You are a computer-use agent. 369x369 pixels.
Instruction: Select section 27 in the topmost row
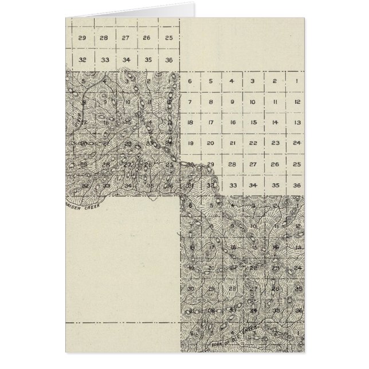(125, 38)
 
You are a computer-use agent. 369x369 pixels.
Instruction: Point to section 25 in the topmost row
(168, 38)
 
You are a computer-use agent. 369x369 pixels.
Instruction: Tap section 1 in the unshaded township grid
(296, 81)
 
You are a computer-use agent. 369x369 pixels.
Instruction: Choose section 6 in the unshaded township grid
(190, 81)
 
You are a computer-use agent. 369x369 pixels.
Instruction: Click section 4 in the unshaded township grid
(231, 81)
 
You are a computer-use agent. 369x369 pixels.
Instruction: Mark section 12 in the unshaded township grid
(296, 101)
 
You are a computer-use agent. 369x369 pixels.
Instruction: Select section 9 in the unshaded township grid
(231, 101)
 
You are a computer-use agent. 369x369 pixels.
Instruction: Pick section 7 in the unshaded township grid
(190, 101)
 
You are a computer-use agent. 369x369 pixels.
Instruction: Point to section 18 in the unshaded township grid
(190, 122)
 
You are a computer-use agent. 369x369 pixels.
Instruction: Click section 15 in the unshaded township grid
(253, 122)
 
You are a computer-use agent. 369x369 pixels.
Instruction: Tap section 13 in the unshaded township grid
(296, 122)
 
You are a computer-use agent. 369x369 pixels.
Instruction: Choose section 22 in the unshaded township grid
(253, 143)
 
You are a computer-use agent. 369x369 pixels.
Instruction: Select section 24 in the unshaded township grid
(296, 143)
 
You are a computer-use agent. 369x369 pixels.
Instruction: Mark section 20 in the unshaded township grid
(210, 143)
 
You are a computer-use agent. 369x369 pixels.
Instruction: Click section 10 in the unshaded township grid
(253, 101)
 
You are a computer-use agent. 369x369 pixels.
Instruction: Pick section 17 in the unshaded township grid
(210, 122)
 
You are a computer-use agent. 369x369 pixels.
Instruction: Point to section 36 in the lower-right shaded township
(298, 311)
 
